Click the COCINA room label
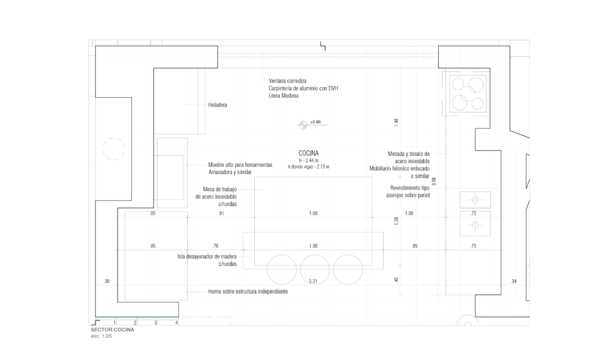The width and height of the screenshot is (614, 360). coord(309,153)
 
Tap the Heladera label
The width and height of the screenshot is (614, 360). coord(217,105)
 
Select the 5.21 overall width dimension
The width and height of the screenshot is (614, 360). coord(313,281)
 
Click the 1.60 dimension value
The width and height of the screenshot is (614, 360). coord(313,214)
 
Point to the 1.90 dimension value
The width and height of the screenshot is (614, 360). coord(313,246)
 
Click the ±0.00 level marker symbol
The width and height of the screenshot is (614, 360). coord(303,125)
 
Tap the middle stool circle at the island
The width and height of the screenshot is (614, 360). coord(315,269)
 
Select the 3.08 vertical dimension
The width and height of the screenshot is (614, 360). coord(434,181)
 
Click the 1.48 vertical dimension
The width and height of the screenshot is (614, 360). coord(396,122)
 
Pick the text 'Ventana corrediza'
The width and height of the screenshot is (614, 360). coord(287,81)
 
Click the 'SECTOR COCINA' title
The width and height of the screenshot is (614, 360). coord(112,330)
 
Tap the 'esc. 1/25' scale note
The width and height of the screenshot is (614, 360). coord(101,336)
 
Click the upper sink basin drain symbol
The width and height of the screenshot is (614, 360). coord(475,200)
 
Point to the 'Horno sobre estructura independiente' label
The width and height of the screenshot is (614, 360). coord(248,292)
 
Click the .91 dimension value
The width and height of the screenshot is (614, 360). coord(221,214)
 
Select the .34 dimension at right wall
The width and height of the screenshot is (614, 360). coord(514,281)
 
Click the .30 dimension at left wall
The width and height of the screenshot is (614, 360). coord(107,281)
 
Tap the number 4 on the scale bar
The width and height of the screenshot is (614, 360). coord(177,323)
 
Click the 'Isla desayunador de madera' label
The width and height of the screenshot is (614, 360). coord(207,257)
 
